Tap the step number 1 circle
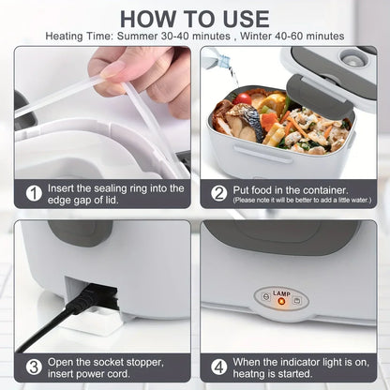[x=33, y=194]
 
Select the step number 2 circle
[x=218, y=193]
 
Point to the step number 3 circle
[x=33, y=367]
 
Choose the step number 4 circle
[x=218, y=367]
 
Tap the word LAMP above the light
[x=282, y=292]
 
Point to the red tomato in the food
[x=244, y=97]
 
